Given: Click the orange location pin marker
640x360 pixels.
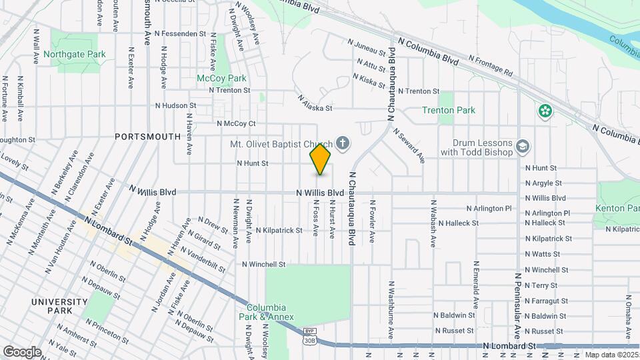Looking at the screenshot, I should tap(320, 159).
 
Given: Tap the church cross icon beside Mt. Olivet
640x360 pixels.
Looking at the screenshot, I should tap(343, 142).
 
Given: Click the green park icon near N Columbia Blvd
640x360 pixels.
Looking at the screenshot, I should tap(545, 111).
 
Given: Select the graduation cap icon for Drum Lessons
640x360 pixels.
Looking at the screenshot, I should tap(524, 147).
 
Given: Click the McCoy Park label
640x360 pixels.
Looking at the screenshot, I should tap(221, 78).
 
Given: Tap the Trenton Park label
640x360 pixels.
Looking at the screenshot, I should tap(448, 110).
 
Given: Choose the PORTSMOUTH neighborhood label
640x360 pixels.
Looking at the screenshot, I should tap(147, 137).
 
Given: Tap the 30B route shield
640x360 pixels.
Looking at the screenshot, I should tap(309, 340).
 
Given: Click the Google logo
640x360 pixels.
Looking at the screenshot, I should tap(22, 351).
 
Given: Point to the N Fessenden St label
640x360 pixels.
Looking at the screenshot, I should tap(180, 33).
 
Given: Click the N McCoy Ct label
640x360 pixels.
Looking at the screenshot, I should tap(236, 123).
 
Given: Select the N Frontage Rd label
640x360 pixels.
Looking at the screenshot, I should tap(489, 65).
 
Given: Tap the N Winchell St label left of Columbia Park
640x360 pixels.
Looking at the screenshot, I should tap(263, 265).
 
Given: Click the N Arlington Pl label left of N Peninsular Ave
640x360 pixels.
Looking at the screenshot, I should tap(489, 208).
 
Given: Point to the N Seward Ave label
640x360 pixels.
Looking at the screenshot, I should tap(409, 146).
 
